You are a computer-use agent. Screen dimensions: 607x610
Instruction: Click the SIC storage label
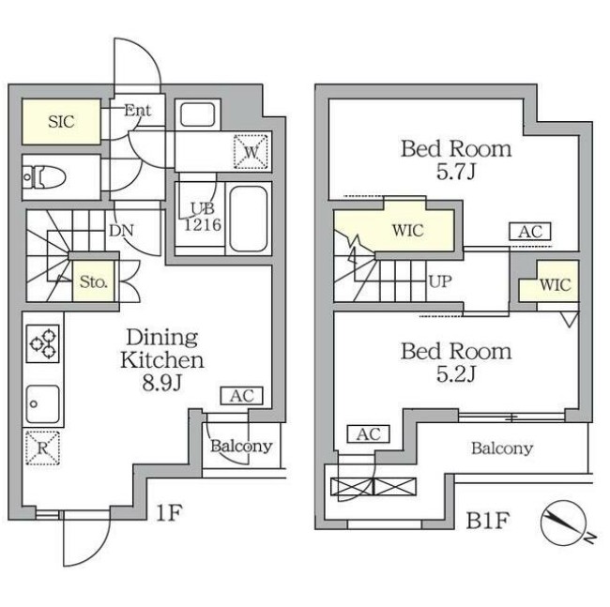(62, 120)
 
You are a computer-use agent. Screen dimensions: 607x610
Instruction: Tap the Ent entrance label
(138, 110)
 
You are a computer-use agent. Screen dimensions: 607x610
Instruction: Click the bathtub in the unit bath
(249, 218)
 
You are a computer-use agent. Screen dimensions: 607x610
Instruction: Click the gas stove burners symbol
(43, 342)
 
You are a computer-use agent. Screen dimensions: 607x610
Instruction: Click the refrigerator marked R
(42, 446)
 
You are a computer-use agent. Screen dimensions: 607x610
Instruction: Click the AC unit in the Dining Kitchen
(241, 396)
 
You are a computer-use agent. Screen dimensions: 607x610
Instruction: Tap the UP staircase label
(439, 281)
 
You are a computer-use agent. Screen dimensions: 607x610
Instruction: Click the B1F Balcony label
(501, 448)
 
